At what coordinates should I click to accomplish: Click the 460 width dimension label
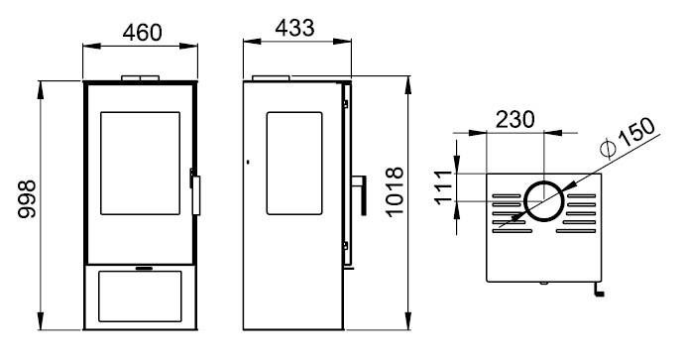click(142, 33)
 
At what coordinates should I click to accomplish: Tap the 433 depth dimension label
click(294, 28)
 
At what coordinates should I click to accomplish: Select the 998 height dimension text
click(28, 199)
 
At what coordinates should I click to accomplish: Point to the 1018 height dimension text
click(396, 191)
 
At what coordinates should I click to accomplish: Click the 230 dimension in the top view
click(514, 119)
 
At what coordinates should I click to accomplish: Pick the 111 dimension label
click(444, 187)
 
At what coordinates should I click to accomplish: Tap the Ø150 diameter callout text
click(627, 137)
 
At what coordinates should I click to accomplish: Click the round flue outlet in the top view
click(544, 201)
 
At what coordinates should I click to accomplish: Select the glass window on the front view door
click(140, 164)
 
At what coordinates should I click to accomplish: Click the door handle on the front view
click(196, 195)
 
